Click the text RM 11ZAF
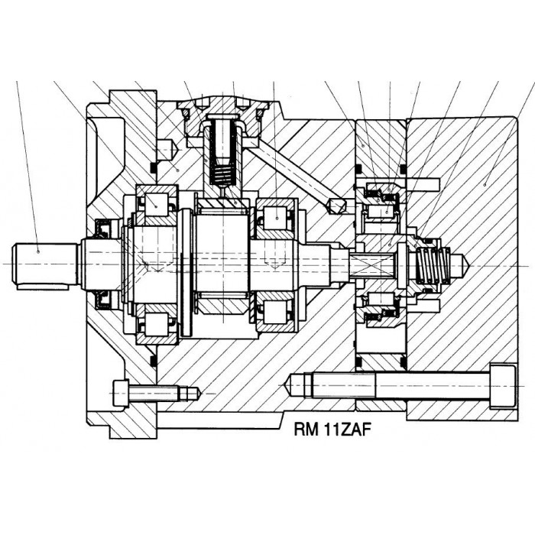pyautogui.click(x=332, y=430)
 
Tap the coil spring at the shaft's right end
pyautogui.click(x=432, y=265)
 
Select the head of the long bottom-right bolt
pyautogui.click(x=502, y=386)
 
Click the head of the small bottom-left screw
pyautogui.click(x=121, y=394)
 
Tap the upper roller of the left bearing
pyautogui.click(x=156, y=205)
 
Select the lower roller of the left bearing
pyautogui.click(x=156, y=324)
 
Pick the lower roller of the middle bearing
pyautogui.click(x=276, y=312)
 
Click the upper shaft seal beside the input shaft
pyautogui.click(x=102, y=228)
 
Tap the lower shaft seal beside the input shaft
pyautogui.click(x=102, y=300)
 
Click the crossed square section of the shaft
pyautogui.click(x=373, y=265)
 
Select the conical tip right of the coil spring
pyautogui.click(x=461, y=265)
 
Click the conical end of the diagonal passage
pyautogui.click(x=336, y=206)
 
